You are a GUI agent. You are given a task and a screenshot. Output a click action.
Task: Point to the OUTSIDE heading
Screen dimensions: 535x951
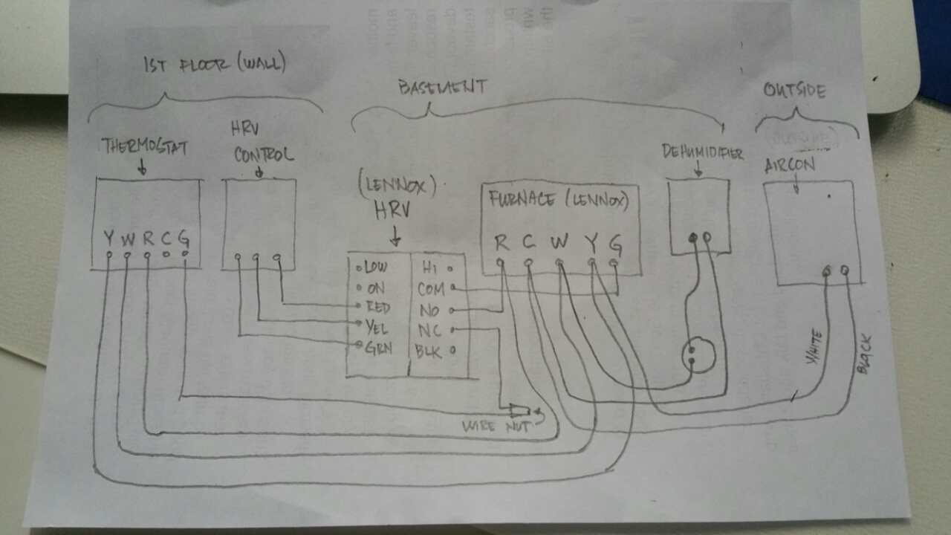[795, 91]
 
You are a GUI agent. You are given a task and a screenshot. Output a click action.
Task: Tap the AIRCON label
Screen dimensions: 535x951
[789, 166]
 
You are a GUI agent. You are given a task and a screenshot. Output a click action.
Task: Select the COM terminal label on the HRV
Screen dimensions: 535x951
[431, 288]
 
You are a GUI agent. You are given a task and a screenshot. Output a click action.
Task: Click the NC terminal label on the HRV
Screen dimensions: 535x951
[429, 330]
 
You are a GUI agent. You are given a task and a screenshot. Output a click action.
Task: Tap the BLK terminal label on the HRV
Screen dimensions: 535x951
[430, 351]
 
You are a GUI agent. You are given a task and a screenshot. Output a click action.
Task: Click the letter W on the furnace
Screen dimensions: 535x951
[559, 242]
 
